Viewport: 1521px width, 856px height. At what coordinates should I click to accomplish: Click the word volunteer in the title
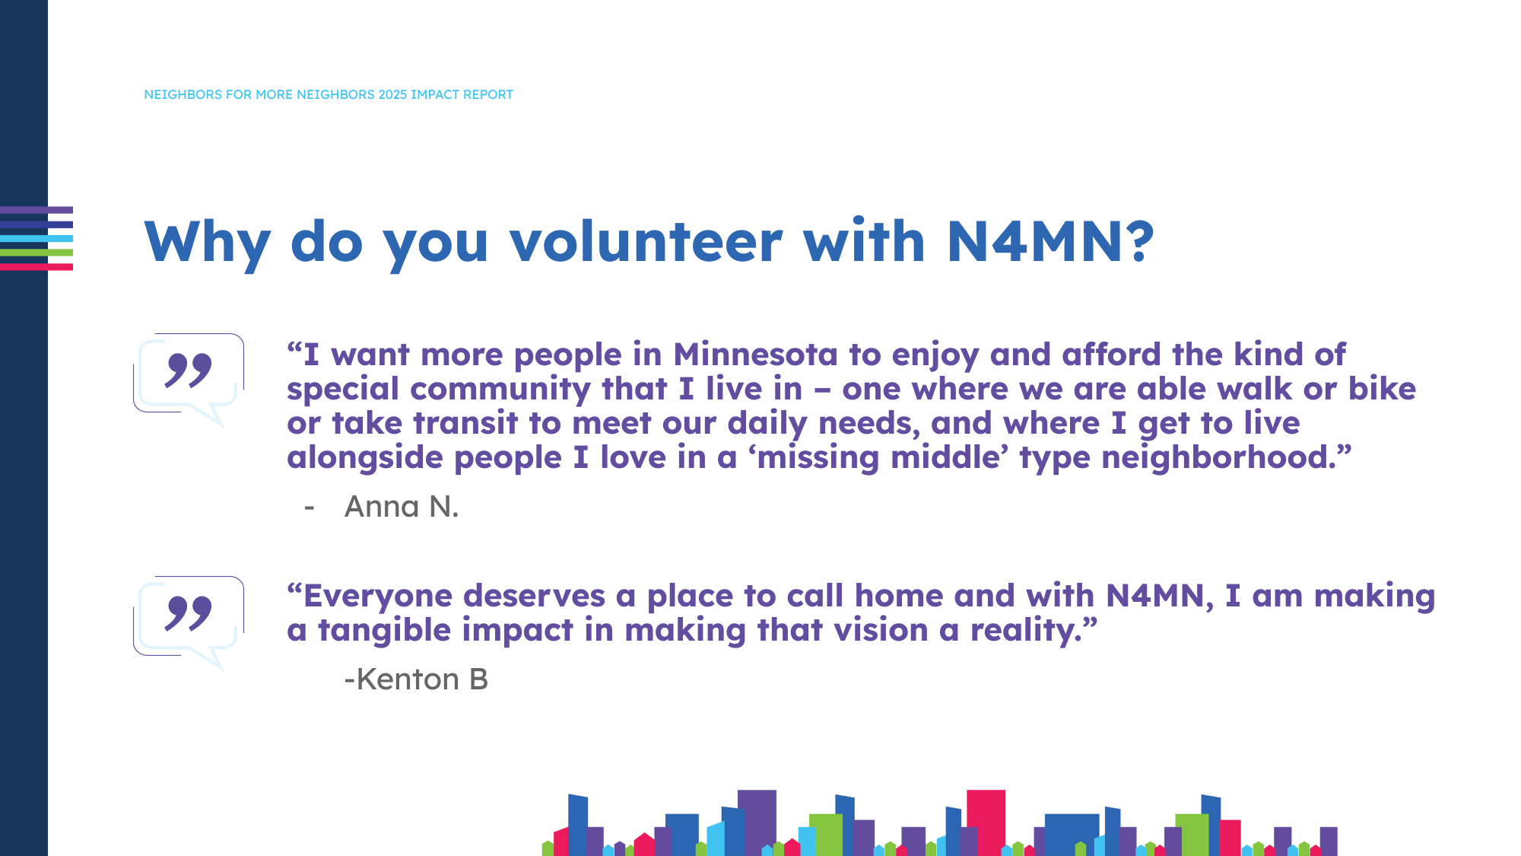[646, 242]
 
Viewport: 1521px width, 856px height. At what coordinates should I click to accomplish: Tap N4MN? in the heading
[1049, 242]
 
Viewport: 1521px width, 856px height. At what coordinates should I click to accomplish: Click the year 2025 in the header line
[392, 94]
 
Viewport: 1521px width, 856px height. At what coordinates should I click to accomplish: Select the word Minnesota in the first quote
[755, 355]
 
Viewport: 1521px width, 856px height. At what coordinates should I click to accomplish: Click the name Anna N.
[402, 507]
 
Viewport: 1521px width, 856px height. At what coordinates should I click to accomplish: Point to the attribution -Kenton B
[416, 679]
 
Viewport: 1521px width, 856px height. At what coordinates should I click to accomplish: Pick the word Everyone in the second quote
[377, 596]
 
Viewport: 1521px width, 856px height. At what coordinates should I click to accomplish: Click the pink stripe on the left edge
[37, 267]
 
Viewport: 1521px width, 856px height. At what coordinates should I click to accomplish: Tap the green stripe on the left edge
[37, 253]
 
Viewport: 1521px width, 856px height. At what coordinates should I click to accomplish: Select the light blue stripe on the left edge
[37, 238]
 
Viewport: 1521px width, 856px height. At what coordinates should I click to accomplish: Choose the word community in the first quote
[500, 389]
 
